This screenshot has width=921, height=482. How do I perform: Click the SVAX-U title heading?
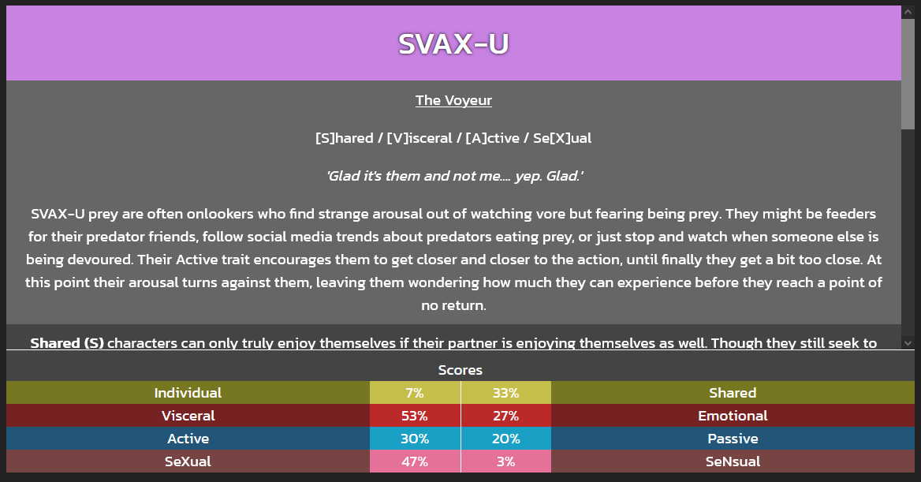[x=453, y=44]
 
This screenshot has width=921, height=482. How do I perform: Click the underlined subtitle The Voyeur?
[x=453, y=100]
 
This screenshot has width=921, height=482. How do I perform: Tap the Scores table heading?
[x=460, y=370]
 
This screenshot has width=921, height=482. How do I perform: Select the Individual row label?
[x=188, y=393]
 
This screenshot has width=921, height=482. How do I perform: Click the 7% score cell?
[x=415, y=393]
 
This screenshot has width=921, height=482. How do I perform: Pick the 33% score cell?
[x=505, y=393]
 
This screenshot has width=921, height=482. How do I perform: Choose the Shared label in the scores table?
[x=733, y=393]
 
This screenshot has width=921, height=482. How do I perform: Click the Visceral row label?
[x=188, y=416]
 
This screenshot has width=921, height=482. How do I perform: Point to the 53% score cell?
[x=415, y=416]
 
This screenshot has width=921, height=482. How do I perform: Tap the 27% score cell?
[x=505, y=416]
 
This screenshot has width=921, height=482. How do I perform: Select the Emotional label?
[x=733, y=416]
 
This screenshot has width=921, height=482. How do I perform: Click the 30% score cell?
[x=415, y=439]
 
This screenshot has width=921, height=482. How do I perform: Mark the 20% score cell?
[x=505, y=439]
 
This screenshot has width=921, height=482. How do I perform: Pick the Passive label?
[x=733, y=439]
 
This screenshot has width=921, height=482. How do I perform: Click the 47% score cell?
[x=415, y=461]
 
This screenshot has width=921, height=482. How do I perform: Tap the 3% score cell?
[x=505, y=461]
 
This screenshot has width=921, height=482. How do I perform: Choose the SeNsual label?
[x=733, y=461]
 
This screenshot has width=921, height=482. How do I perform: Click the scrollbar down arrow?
[x=908, y=342]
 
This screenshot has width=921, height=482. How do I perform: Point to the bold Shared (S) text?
[x=67, y=342]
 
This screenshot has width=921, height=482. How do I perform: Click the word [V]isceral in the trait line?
[x=419, y=138]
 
